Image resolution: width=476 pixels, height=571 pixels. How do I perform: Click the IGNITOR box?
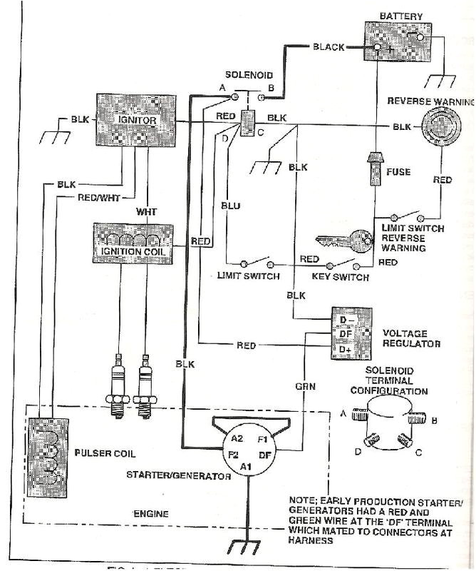(x=135, y=121)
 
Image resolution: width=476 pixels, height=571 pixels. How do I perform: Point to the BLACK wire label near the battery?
(x=328, y=47)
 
